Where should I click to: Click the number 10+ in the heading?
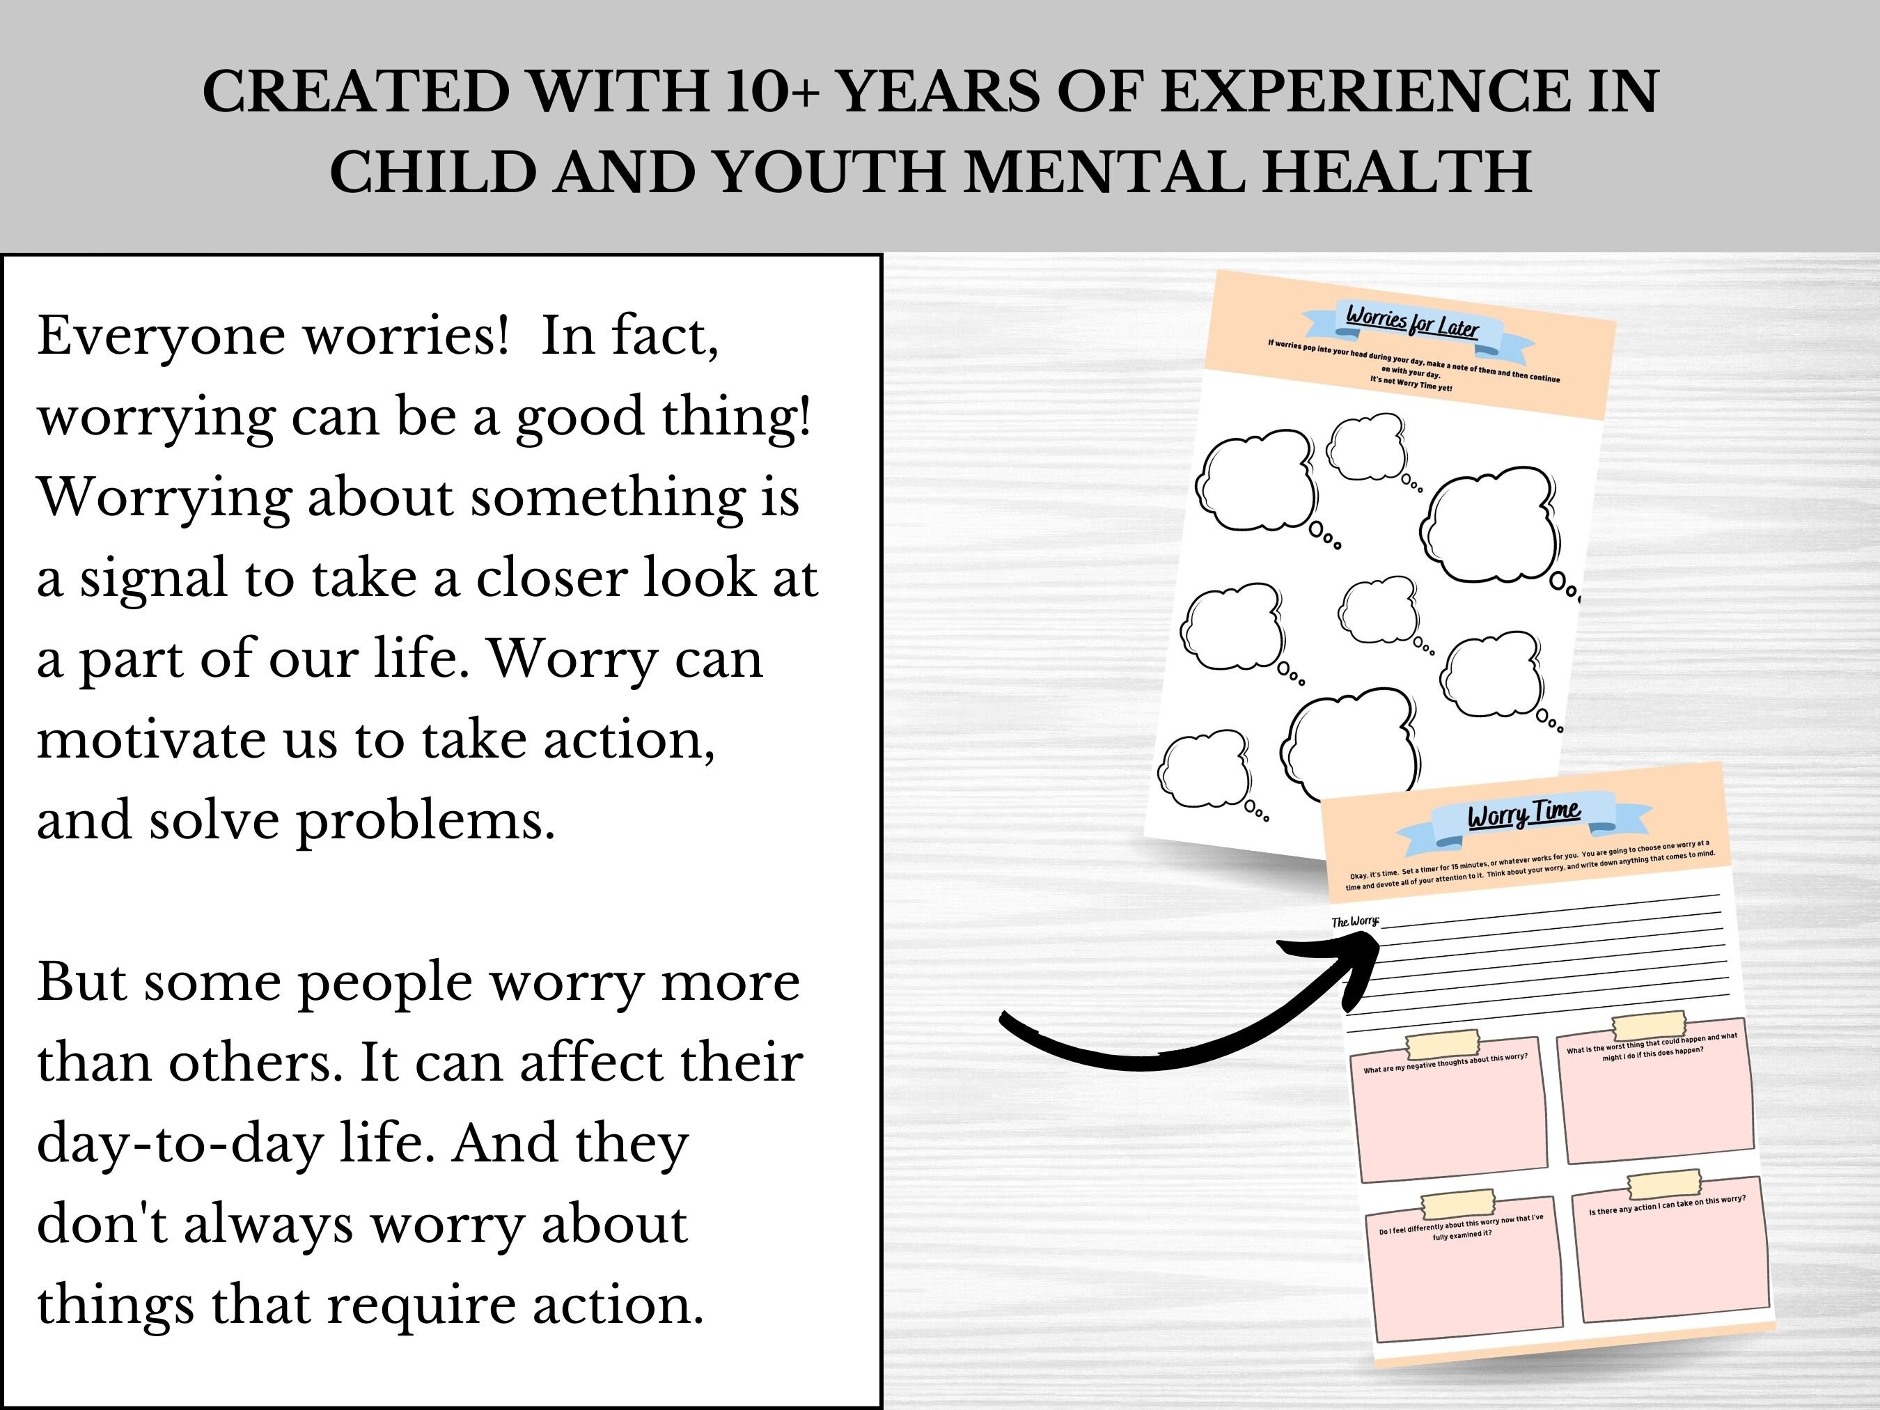pyautogui.click(x=771, y=92)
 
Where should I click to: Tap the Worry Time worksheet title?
pyautogui.click(x=1524, y=814)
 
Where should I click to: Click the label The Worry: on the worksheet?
pyautogui.click(x=1355, y=921)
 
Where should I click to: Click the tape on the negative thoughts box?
pyautogui.click(x=1442, y=1044)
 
